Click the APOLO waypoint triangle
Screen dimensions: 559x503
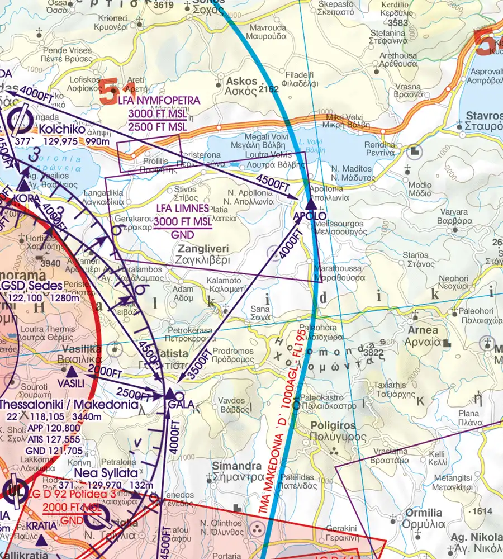[310, 205]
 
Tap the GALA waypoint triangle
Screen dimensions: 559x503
[170, 394]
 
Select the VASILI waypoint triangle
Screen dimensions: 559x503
[72, 371]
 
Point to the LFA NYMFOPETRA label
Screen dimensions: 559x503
[159, 100]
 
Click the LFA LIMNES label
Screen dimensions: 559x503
[183, 208]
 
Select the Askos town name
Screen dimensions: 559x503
[241, 81]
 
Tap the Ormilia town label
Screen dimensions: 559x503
[424, 513]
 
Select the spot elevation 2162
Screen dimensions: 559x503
[269, 89]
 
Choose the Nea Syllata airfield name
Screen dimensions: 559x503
[106, 472]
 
